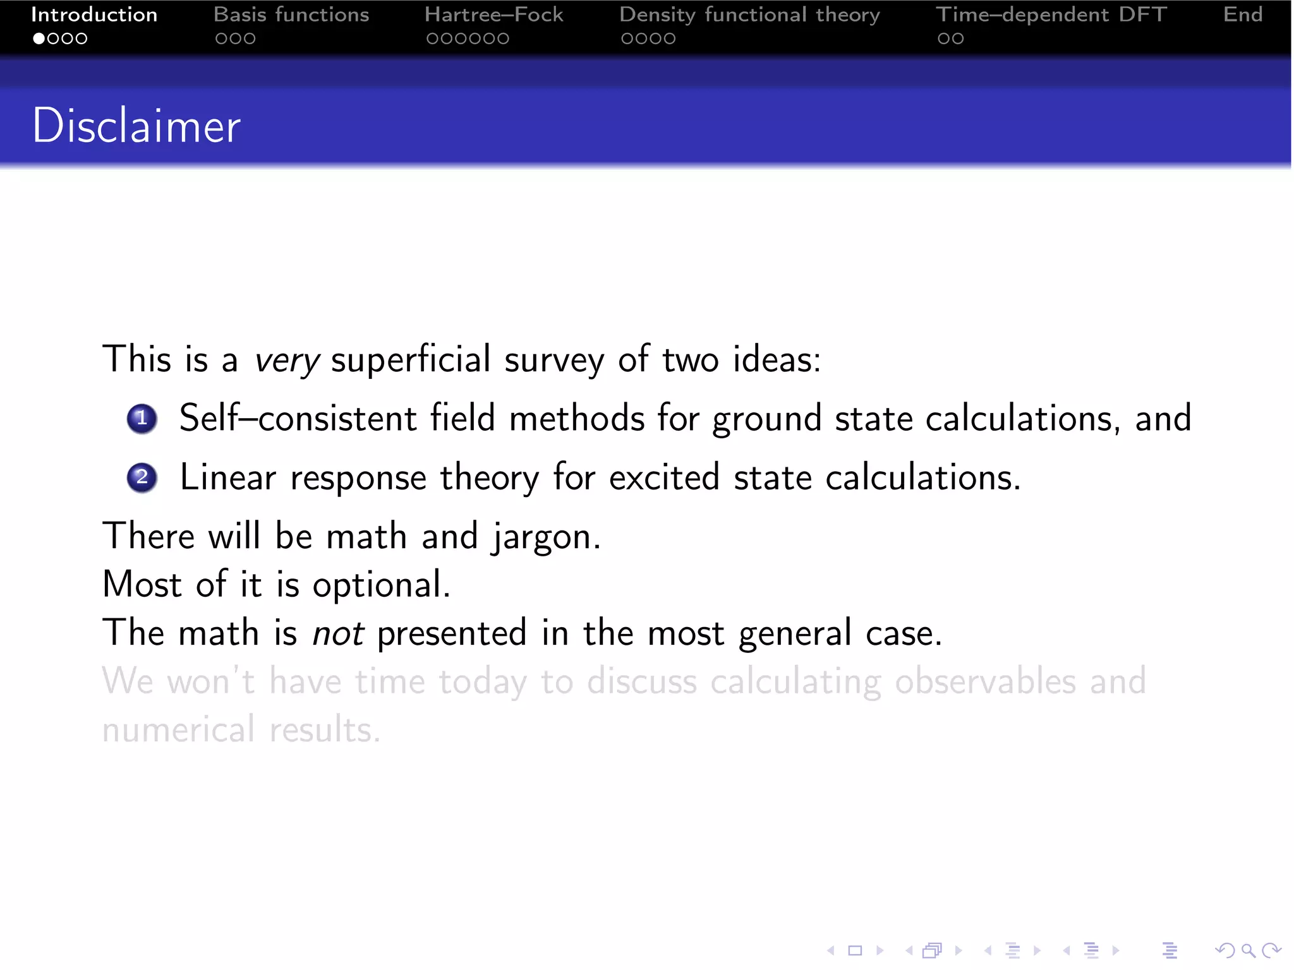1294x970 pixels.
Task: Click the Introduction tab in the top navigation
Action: click(x=94, y=15)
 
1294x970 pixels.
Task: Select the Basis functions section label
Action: click(x=291, y=15)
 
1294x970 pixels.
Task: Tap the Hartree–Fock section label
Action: click(x=493, y=15)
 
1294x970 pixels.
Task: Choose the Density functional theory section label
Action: click(x=749, y=15)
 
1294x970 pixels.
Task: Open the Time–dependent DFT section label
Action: click(x=1051, y=15)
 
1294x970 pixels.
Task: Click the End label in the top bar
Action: click(x=1242, y=15)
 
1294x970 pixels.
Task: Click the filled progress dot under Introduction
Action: click(x=39, y=39)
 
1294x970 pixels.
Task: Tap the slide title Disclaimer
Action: click(x=136, y=126)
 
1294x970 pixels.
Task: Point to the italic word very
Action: click(x=287, y=361)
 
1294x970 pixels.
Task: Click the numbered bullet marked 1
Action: click(x=142, y=419)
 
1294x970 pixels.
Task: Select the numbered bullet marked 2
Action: click(x=142, y=477)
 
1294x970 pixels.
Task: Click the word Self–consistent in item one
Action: click(x=298, y=418)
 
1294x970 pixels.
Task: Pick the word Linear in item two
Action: click(x=228, y=477)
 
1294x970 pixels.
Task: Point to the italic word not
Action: click(x=338, y=633)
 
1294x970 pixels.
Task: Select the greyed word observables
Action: click(x=984, y=681)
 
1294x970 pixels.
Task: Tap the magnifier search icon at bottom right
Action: click(x=1248, y=950)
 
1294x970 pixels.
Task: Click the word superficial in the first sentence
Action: click(x=410, y=359)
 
